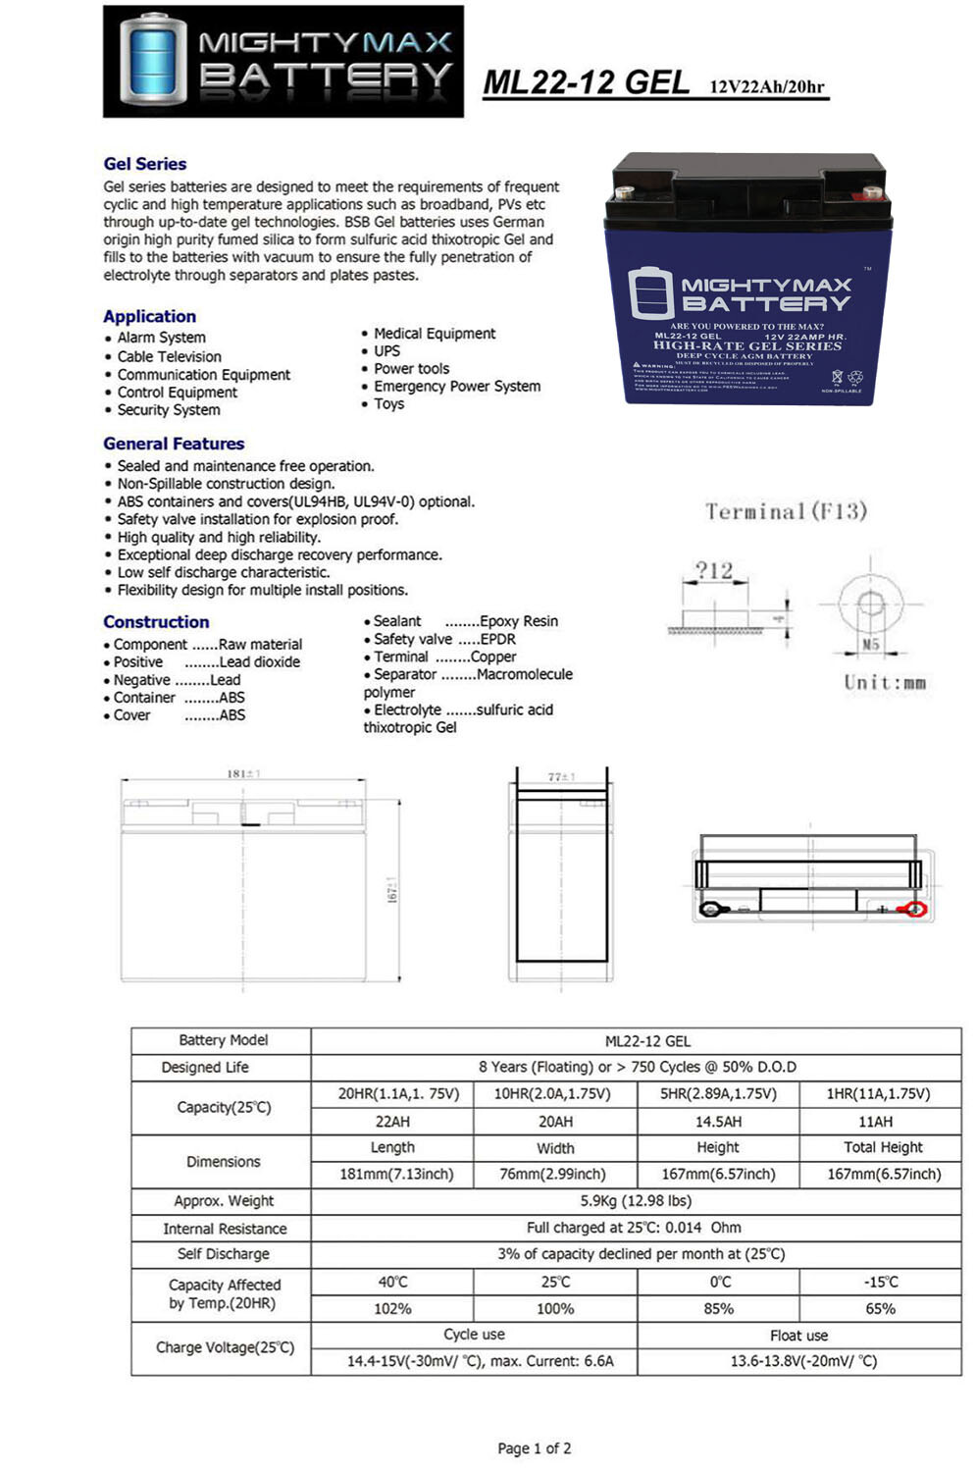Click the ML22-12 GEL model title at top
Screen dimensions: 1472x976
click(587, 83)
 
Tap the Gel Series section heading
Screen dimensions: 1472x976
click(145, 164)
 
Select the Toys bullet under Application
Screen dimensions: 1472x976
click(388, 403)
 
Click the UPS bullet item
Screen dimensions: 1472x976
click(386, 350)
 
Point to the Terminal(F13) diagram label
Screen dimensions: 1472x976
click(786, 511)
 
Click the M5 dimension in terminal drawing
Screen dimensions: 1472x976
click(870, 645)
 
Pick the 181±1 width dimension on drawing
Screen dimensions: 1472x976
click(243, 774)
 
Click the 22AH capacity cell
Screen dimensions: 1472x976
click(392, 1121)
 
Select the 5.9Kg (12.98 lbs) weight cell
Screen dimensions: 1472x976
click(636, 1200)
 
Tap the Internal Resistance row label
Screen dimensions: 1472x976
click(225, 1228)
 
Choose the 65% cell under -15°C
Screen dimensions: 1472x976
click(880, 1308)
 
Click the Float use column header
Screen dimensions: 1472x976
click(798, 1335)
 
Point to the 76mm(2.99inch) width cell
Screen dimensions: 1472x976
click(555, 1174)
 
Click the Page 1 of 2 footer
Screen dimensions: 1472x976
click(534, 1447)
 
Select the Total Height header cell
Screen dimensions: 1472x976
click(883, 1147)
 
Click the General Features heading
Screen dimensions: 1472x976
click(174, 444)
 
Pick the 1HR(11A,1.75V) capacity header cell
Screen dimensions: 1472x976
click(878, 1093)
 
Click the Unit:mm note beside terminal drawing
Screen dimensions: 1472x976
click(884, 682)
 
